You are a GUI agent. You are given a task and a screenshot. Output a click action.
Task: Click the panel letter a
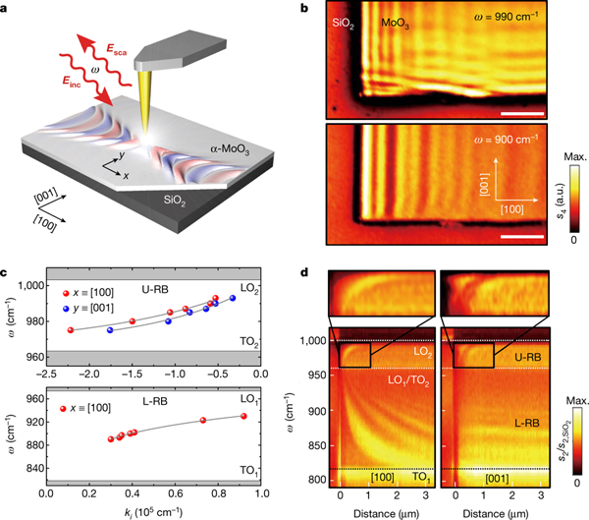(x=7, y=8)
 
